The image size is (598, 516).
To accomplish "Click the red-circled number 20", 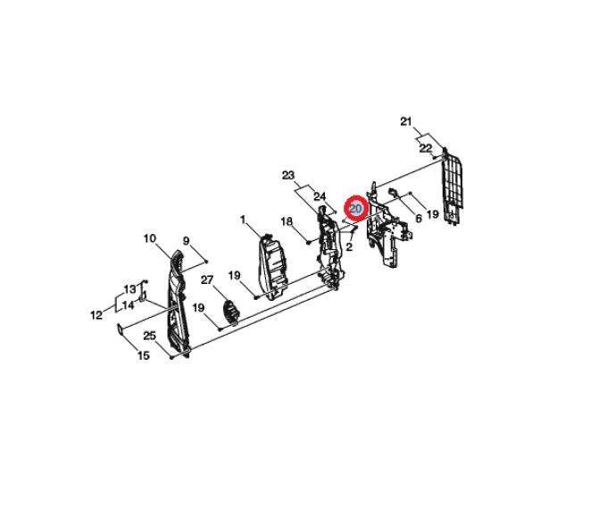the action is (355, 208).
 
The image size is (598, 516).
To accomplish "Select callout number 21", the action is (406, 121).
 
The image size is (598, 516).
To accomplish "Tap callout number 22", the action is (426, 148).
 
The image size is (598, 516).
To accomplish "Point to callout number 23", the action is (288, 176).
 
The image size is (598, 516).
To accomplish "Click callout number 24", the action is (320, 196).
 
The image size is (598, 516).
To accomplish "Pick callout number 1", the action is (243, 220).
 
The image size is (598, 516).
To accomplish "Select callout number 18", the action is (287, 221).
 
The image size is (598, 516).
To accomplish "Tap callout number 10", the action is (150, 238).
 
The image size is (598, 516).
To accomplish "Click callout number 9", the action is (187, 241).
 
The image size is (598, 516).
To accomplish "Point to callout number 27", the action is (207, 280).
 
